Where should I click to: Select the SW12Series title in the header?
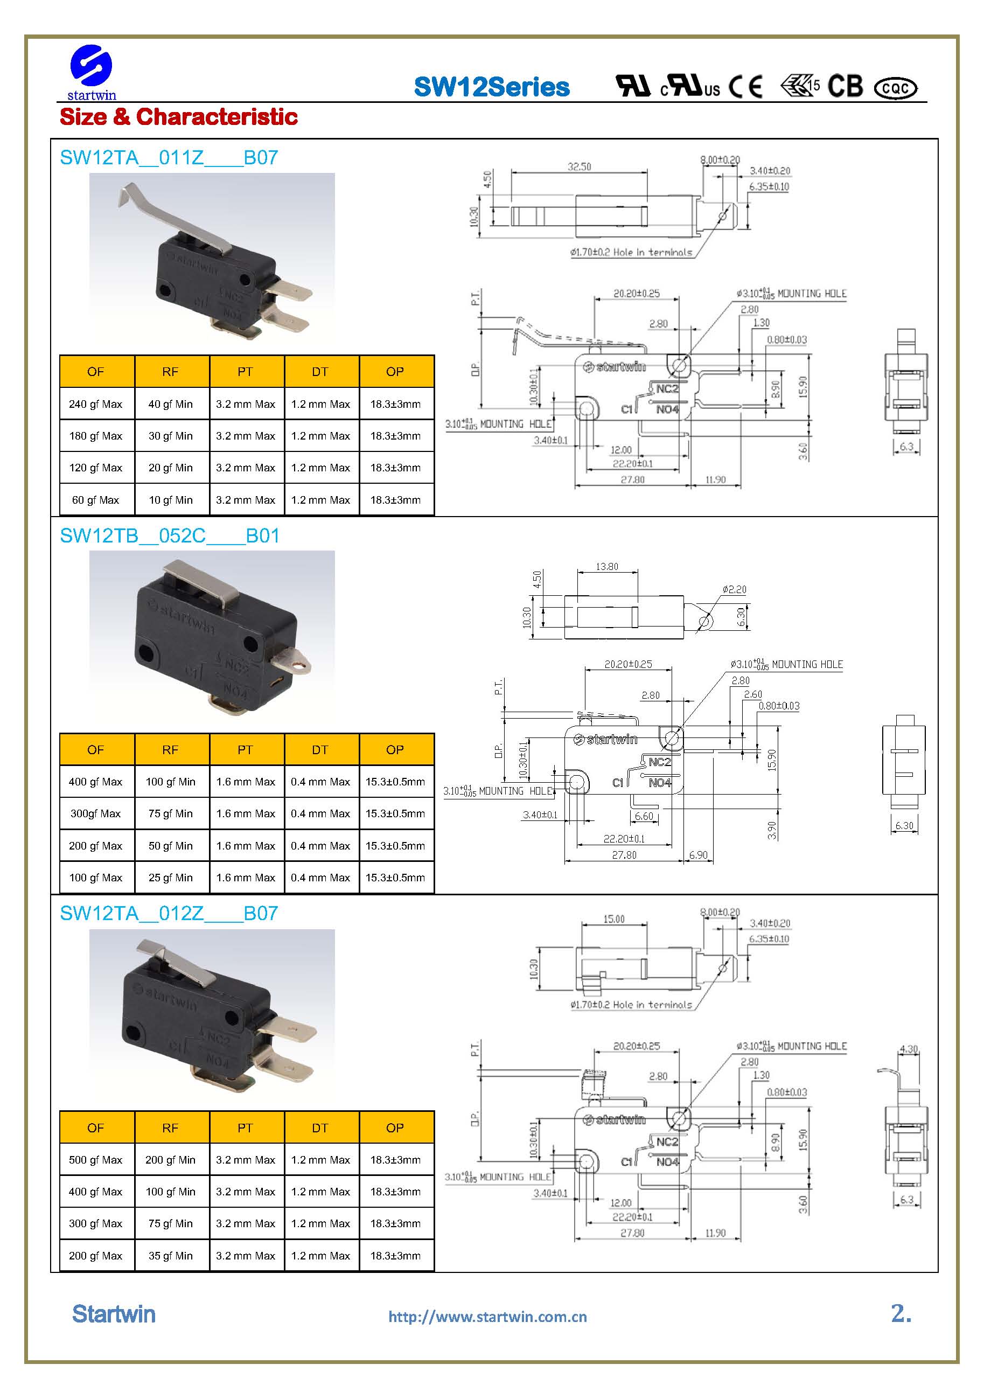(x=491, y=87)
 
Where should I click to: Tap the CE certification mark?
(x=746, y=87)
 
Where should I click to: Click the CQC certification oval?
(x=895, y=88)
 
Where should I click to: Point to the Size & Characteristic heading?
(x=178, y=116)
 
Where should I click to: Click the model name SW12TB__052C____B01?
(x=169, y=535)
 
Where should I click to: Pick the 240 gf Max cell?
(x=96, y=404)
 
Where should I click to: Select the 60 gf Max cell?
(x=96, y=500)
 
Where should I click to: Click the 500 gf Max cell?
(x=96, y=1159)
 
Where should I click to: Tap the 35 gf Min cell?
(x=171, y=1255)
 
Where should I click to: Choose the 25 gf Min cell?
(x=171, y=878)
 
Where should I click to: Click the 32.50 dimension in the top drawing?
(x=579, y=166)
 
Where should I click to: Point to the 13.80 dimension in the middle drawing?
(x=607, y=566)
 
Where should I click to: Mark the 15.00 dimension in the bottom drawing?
(x=613, y=919)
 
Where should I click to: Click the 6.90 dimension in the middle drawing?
(x=698, y=855)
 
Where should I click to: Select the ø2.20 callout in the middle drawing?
(x=734, y=589)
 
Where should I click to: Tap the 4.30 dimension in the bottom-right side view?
(x=909, y=1049)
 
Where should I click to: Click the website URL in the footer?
(x=487, y=1317)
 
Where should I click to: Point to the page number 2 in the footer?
(x=901, y=1314)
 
